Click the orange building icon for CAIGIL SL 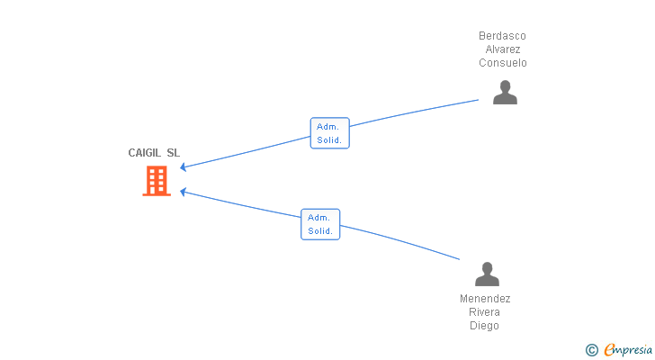[x=157, y=181]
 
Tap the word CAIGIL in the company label [x=145, y=153]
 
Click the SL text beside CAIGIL [x=174, y=153]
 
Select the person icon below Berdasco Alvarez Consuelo [x=505, y=93]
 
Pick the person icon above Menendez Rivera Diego [x=487, y=274]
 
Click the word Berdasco [x=502, y=36]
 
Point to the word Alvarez [x=503, y=49]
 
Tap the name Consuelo [x=503, y=63]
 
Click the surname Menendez [x=485, y=299]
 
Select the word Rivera [x=485, y=312]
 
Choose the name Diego [x=485, y=325]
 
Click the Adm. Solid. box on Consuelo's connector [x=330, y=133]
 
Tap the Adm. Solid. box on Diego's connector [x=320, y=224]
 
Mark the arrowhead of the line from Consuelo [x=182, y=167]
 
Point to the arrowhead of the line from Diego [x=182, y=192]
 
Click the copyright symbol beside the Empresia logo [x=591, y=350]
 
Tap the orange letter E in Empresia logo [x=609, y=349]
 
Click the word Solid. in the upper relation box [x=329, y=140]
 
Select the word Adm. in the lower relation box [x=319, y=218]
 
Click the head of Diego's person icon [x=487, y=267]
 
